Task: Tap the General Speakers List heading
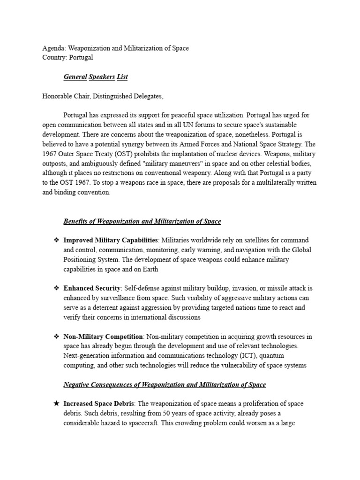(96, 76)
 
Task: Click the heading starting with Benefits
(142, 221)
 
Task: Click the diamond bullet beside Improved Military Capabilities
(56, 240)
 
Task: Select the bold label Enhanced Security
(92, 288)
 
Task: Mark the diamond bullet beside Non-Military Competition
(56, 337)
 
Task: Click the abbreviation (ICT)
(250, 356)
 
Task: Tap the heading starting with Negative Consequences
(165, 385)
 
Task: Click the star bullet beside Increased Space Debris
(56, 404)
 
